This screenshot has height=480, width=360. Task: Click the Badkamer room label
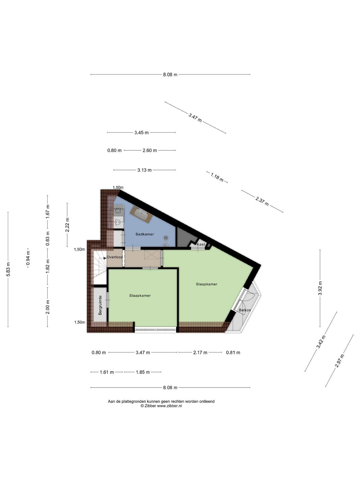[145, 234]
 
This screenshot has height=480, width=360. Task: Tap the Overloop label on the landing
[115, 257]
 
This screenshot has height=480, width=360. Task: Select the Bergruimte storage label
[100, 305]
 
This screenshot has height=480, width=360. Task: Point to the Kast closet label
[201, 244]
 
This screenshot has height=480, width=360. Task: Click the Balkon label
[245, 310]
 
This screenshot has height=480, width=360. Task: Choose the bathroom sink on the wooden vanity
[141, 214]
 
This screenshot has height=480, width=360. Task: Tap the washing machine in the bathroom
[118, 211]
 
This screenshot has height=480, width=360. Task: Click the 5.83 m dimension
[8, 269]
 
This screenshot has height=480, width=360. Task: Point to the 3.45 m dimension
[141, 133]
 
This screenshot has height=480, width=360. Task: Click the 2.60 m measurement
[150, 151]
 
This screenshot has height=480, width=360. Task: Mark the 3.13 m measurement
[145, 170]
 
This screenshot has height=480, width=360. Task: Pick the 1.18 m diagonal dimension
[217, 177]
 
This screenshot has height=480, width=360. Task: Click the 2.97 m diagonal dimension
[340, 361]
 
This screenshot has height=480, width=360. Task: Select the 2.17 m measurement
[200, 352]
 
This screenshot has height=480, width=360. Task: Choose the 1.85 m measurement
[143, 372]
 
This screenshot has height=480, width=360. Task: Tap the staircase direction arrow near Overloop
[105, 258]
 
